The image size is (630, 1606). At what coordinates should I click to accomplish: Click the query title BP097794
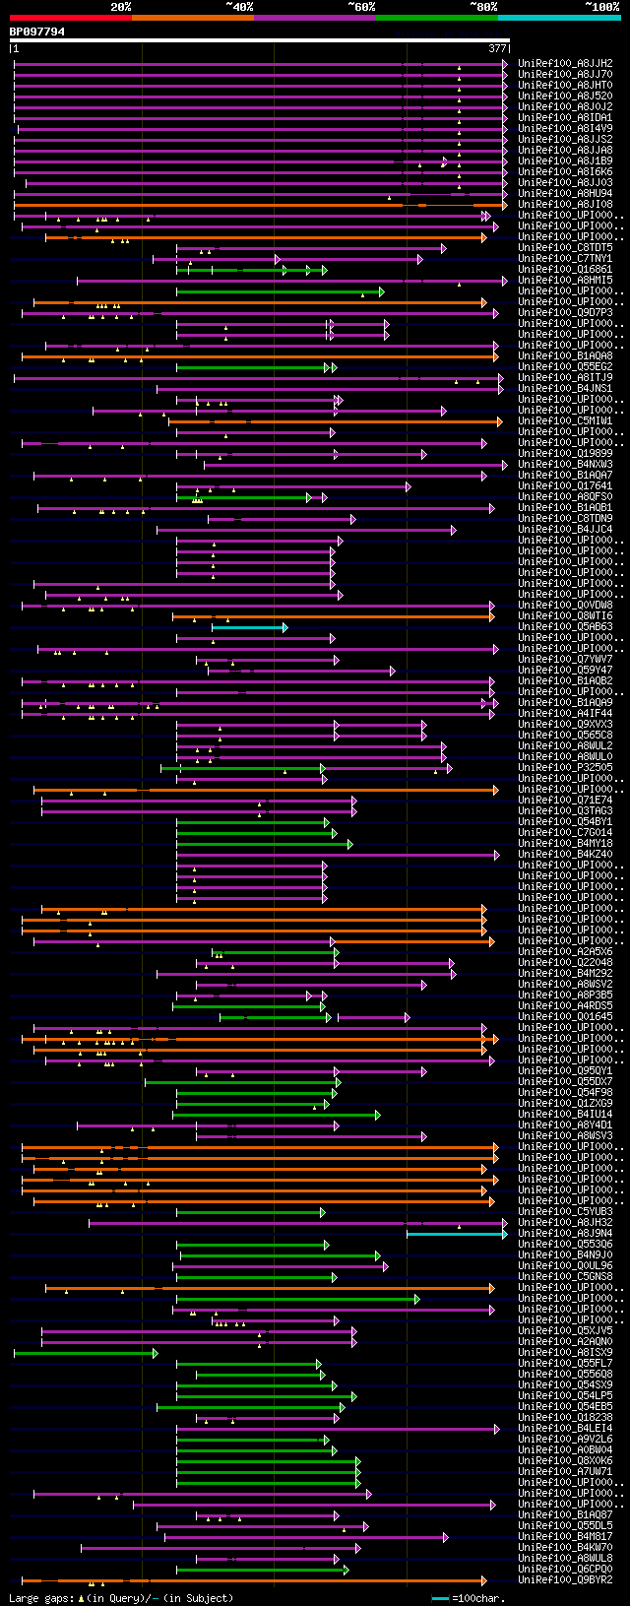pyautogui.click(x=37, y=32)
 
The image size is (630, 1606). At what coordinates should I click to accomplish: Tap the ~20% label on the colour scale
pyautogui.click(x=120, y=7)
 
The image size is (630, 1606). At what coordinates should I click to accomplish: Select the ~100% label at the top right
pyautogui.click(x=601, y=7)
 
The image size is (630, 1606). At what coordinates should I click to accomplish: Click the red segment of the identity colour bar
pyautogui.click(x=70, y=18)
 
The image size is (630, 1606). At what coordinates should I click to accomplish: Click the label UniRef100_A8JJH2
pyautogui.click(x=565, y=63)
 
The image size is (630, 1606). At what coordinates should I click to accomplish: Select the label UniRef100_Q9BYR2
pyautogui.click(x=565, y=1579)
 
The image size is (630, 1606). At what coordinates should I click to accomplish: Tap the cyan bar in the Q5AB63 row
pyautogui.click(x=248, y=627)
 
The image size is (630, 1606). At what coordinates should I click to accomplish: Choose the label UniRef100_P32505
pyautogui.click(x=565, y=768)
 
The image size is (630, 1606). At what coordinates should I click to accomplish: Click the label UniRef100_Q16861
pyautogui.click(x=565, y=269)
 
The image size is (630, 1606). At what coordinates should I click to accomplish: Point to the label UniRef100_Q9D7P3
pyautogui.click(x=565, y=312)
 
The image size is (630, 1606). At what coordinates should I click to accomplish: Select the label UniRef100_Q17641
pyautogui.click(x=565, y=485)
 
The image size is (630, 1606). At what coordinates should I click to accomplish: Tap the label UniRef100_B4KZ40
pyautogui.click(x=565, y=855)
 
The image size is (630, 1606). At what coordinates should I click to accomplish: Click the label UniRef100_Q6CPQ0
pyautogui.click(x=565, y=1569)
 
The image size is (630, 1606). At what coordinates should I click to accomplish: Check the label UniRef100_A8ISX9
pyautogui.click(x=565, y=1352)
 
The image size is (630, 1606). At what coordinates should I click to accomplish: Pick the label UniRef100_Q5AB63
pyautogui.click(x=565, y=627)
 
